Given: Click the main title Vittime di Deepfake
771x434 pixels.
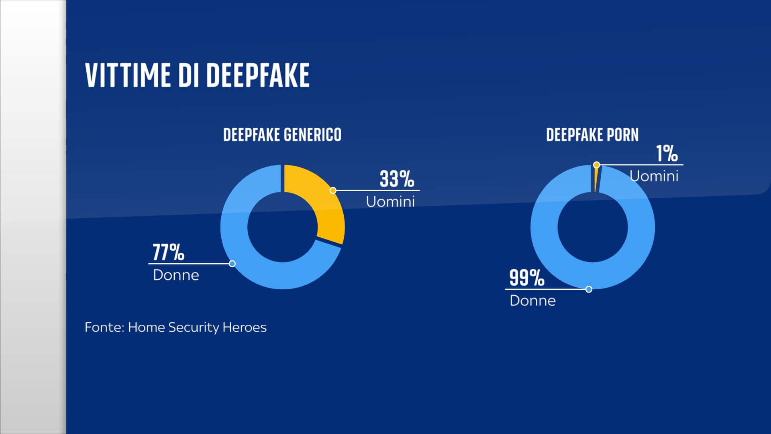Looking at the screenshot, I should (197, 75).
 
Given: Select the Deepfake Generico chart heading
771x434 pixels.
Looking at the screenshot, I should (282, 135).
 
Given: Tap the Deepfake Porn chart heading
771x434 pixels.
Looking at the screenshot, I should (592, 135).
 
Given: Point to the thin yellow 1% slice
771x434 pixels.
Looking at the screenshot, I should (596, 179).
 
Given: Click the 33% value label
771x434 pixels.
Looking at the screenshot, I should (397, 179).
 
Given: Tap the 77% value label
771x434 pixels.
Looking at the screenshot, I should (168, 252).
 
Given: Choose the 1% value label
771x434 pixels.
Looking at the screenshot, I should (667, 154).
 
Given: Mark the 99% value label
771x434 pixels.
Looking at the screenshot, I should (526, 278).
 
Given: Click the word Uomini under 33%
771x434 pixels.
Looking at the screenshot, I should (390, 202).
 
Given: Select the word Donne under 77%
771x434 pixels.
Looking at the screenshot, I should (176, 275).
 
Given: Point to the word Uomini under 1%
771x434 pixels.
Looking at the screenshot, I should (654, 176).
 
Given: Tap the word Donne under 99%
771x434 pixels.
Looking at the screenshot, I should (532, 301).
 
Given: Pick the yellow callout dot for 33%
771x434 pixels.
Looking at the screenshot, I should (333, 190).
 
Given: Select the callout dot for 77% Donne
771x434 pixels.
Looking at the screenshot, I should (232, 264).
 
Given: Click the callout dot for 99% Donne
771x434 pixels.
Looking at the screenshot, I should (589, 289).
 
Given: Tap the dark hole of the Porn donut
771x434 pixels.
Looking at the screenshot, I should (592, 227).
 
